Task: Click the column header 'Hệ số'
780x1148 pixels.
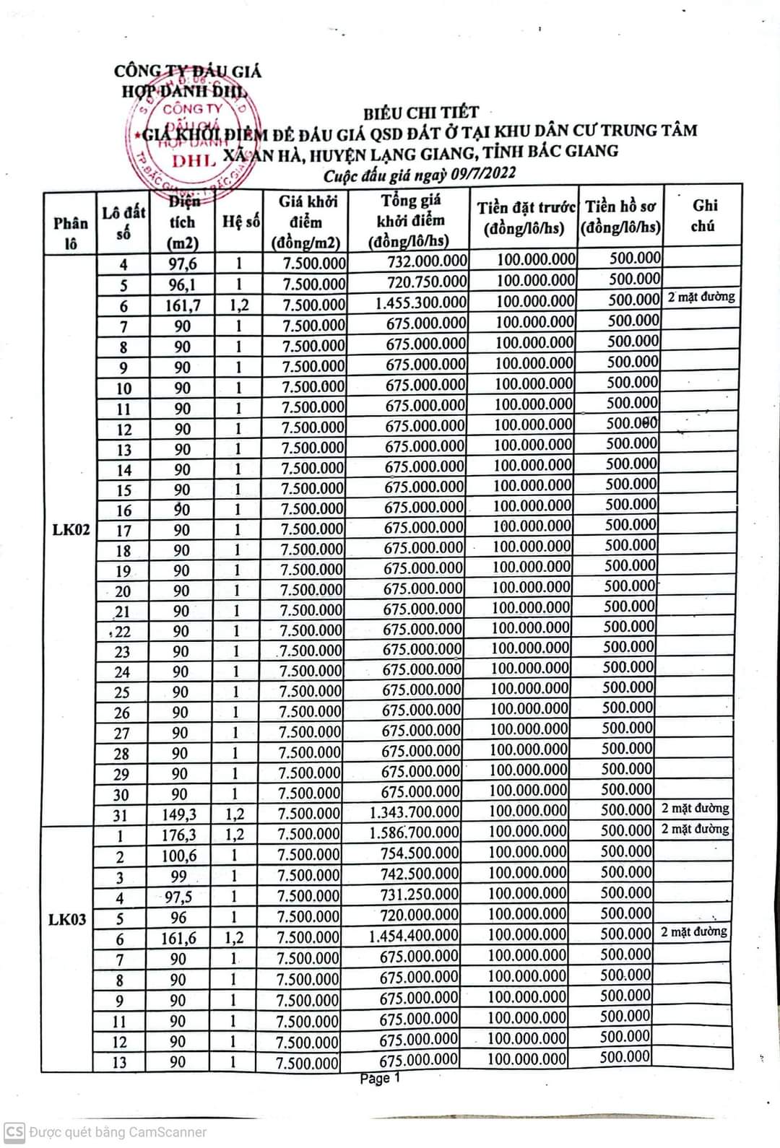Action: pos(240,222)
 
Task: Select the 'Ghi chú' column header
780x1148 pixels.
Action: pos(703,216)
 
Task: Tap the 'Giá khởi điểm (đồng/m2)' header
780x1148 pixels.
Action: pos(308,222)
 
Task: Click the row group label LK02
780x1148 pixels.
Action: pos(71,530)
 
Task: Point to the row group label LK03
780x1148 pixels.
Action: pos(67,919)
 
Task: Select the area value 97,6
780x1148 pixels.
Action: pos(183,264)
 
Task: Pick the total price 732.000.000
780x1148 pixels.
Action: pos(427,261)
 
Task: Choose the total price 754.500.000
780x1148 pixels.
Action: pos(420,853)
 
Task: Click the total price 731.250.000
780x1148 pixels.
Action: pos(420,895)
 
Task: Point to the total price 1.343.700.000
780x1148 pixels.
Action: pos(415,812)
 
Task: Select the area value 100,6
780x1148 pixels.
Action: pos(179,856)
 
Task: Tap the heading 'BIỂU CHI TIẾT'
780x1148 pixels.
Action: pos(420,113)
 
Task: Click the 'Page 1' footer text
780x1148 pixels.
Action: pos(380,1079)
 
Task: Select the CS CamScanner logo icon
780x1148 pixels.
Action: pos(14,1131)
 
